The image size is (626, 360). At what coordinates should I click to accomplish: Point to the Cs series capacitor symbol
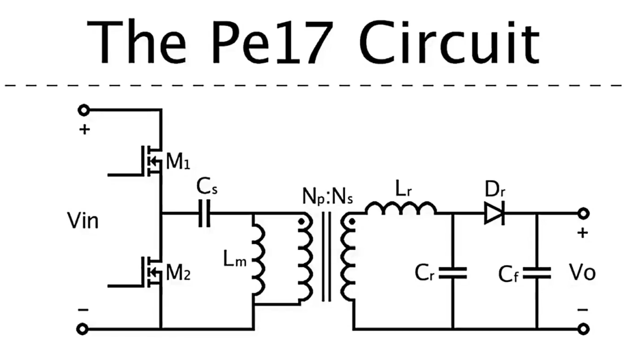point(203,214)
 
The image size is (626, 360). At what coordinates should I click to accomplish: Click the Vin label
point(82,221)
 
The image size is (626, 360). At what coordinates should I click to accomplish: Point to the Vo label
point(581,272)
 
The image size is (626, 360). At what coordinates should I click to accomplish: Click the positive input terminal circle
point(84,109)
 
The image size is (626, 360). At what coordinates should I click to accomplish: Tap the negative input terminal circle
point(84,329)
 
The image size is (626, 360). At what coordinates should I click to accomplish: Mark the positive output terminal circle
point(583,214)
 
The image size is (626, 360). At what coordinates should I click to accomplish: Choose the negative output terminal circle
point(583,329)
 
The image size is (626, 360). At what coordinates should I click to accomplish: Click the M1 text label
point(178,162)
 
